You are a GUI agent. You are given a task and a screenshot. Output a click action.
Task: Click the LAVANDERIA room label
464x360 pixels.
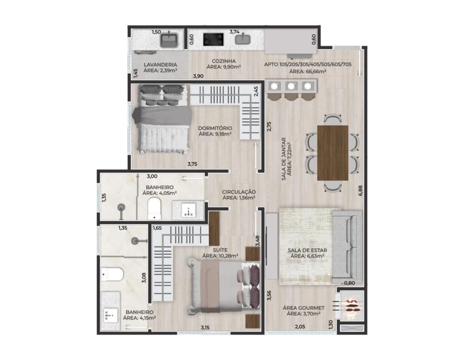pyautogui.click(x=160, y=64)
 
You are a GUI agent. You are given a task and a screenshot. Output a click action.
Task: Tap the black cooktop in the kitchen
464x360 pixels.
pyautogui.click(x=213, y=39)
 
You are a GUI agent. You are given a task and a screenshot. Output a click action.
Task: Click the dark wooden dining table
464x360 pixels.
pyautogui.click(x=333, y=153)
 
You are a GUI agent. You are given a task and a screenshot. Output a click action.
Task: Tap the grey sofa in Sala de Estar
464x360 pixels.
pyautogui.click(x=347, y=247)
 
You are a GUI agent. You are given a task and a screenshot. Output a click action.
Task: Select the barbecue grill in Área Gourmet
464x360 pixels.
pyautogui.click(x=352, y=306)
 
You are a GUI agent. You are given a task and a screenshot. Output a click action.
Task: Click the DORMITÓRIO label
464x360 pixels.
pyautogui.click(x=215, y=128)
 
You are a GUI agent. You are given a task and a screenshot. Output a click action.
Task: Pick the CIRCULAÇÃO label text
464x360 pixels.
pyautogui.click(x=239, y=192)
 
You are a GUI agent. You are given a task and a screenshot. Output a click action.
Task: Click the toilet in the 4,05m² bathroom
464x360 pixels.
pyautogui.click(x=154, y=209)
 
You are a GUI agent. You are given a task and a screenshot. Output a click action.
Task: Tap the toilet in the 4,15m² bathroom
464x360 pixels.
pyautogui.click(x=112, y=274)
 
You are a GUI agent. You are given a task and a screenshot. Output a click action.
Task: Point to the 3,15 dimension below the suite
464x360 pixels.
pyautogui.click(x=205, y=327)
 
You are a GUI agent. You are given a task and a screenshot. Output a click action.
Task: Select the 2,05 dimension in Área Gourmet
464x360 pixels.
pyautogui.click(x=300, y=326)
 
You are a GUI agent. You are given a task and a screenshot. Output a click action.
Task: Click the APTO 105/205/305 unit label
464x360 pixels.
pyautogui.click(x=308, y=64)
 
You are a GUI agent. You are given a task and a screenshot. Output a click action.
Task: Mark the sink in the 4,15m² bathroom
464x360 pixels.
pyautogui.click(x=111, y=316)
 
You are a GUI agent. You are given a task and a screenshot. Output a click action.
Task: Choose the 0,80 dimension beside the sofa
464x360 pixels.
pyautogui.click(x=350, y=283)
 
